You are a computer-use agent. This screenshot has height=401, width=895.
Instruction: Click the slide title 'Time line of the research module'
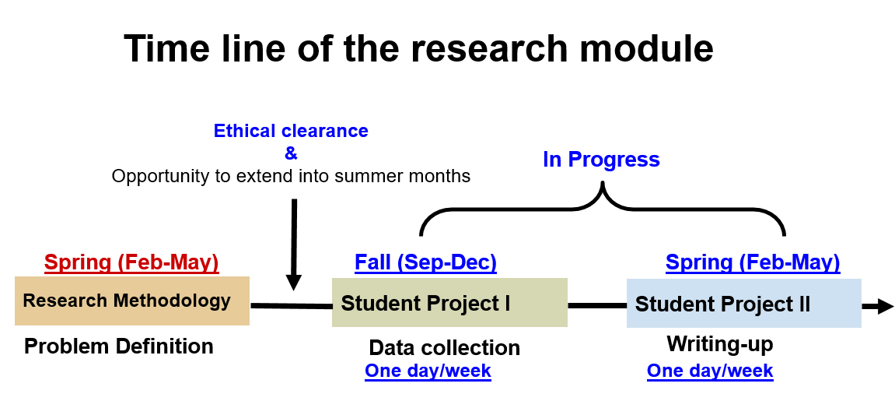tap(418, 48)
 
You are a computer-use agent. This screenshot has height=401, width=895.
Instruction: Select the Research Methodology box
tap(132, 301)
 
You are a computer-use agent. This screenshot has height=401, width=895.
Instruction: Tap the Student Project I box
tap(449, 303)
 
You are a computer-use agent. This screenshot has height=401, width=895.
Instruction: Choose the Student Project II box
tap(743, 304)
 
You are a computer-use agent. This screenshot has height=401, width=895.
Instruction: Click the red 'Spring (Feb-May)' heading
tap(132, 262)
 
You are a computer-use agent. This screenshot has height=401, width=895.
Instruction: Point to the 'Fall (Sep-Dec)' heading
tap(426, 262)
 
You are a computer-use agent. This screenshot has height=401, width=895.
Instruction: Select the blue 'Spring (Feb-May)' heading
tap(753, 262)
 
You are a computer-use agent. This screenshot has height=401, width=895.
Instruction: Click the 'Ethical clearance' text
tap(291, 131)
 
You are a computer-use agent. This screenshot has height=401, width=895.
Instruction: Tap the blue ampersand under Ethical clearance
tap(291, 153)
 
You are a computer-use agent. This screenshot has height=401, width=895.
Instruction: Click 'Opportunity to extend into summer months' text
tap(291, 176)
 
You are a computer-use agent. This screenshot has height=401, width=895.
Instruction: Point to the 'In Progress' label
tap(602, 160)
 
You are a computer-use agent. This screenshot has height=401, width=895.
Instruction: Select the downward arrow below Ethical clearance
tap(294, 244)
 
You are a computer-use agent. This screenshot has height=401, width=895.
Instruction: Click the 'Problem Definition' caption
tap(119, 346)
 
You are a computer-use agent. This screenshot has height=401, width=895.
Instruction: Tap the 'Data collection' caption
tap(445, 347)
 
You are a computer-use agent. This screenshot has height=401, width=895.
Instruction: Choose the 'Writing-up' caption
tap(720, 344)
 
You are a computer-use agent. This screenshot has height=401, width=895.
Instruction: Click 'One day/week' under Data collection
tap(428, 371)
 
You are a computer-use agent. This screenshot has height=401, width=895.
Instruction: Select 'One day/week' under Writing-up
tap(710, 371)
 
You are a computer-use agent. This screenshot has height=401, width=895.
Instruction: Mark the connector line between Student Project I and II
tap(597, 306)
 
